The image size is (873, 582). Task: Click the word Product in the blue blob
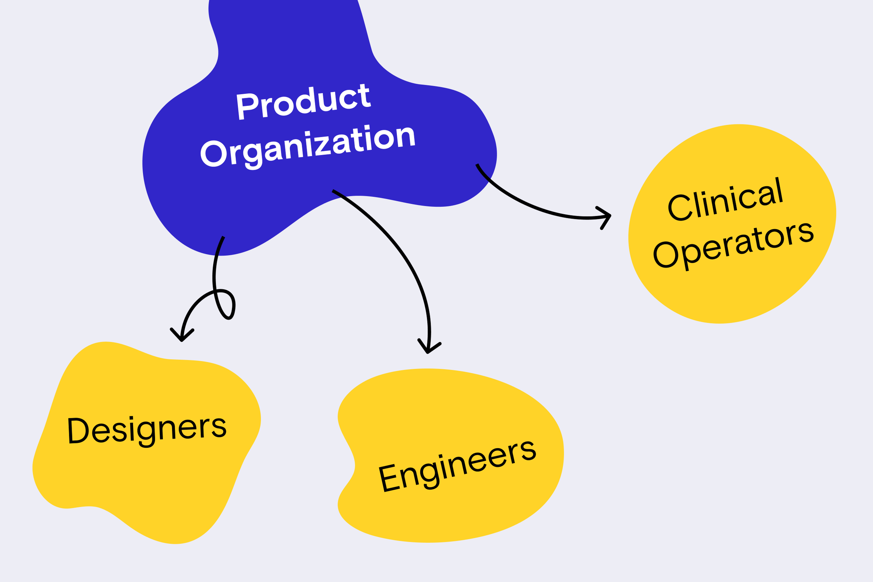304,102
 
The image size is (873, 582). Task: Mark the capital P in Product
247,106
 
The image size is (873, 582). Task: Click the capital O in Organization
214,154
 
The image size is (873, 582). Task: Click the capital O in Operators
666,255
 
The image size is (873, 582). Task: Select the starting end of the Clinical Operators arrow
477,164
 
